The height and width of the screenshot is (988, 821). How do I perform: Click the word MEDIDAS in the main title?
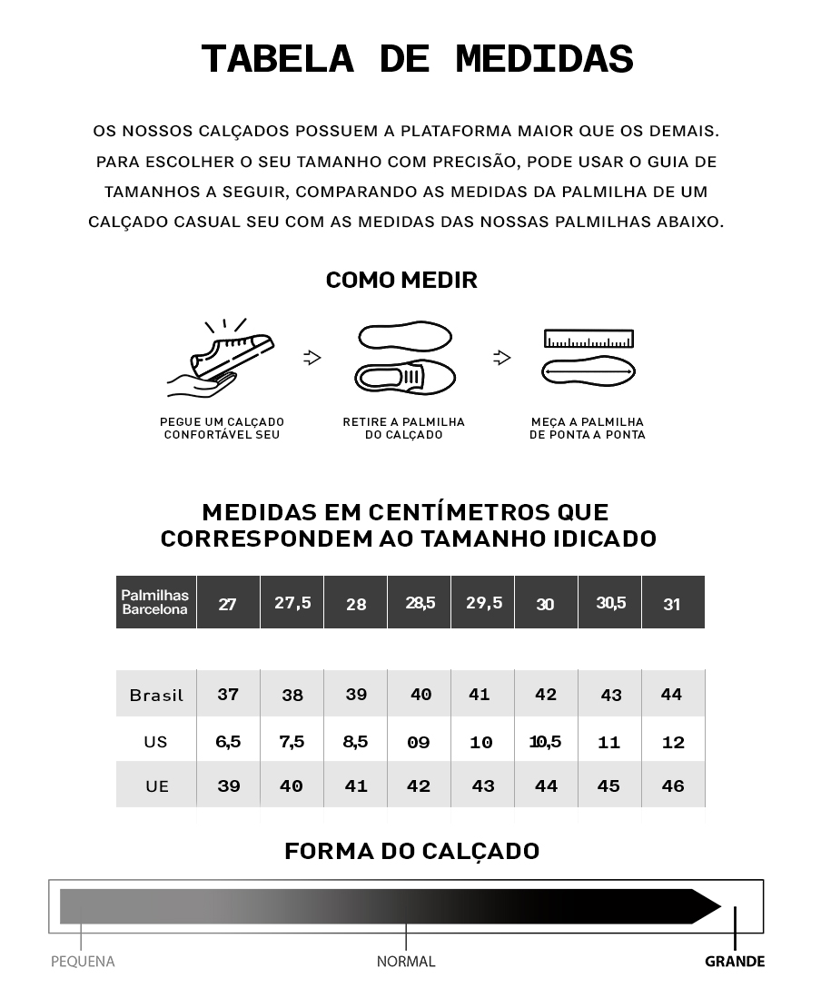pyautogui.click(x=544, y=60)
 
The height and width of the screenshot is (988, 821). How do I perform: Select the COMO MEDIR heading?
pyautogui.click(x=401, y=281)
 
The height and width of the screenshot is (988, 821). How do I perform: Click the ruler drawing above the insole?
pyautogui.click(x=589, y=340)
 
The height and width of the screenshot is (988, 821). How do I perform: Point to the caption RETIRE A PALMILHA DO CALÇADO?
pyautogui.click(x=403, y=429)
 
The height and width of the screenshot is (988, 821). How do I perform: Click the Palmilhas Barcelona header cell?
pyautogui.click(x=155, y=602)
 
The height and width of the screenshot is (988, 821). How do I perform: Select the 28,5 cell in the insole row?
pyautogui.click(x=420, y=603)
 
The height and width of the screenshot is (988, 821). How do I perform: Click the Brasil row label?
pyautogui.click(x=156, y=696)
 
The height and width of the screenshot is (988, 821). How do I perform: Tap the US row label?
pyautogui.click(x=155, y=742)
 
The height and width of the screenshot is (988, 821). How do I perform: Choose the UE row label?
pyautogui.click(x=157, y=786)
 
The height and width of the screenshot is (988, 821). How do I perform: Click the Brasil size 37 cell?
pyautogui.click(x=228, y=695)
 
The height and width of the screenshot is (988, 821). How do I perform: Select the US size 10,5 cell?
pyautogui.click(x=545, y=742)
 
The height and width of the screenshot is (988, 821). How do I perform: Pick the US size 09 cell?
pyautogui.click(x=419, y=743)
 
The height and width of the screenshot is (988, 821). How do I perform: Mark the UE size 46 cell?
pyautogui.click(x=673, y=786)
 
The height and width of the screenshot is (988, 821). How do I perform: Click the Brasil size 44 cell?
pyautogui.click(x=672, y=695)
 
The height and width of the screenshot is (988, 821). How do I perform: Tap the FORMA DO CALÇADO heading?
pyautogui.click(x=411, y=852)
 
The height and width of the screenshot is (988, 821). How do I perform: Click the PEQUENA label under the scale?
pyautogui.click(x=83, y=962)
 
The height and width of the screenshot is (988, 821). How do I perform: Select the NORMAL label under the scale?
pyautogui.click(x=406, y=962)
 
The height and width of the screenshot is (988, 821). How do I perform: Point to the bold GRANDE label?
pyautogui.click(x=735, y=962)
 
